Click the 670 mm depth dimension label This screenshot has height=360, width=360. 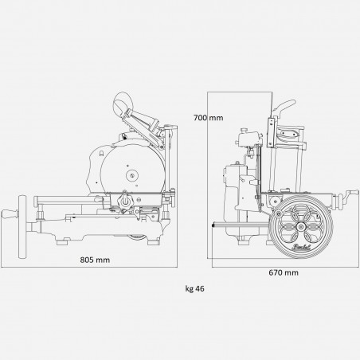coord(284,272)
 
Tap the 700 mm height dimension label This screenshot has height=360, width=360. coord(209,117)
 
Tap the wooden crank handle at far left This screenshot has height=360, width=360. coord(10,216)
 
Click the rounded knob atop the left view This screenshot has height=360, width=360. coord(124,102)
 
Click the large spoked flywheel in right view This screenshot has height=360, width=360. coord(302,227)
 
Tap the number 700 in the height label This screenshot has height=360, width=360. coord(202,117)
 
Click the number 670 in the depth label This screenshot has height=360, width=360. coord(276,272)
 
